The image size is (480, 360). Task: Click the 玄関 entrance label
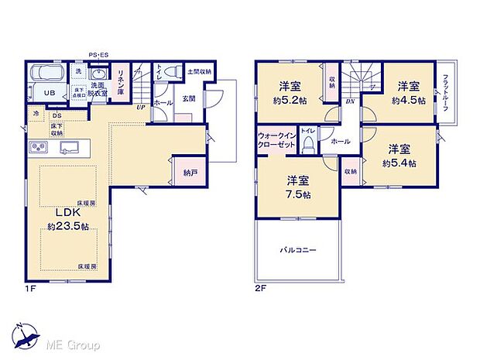[189, 98]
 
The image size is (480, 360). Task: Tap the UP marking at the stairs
[141, 108]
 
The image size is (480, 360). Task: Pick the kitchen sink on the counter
[68, 148]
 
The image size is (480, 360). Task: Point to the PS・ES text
[98, 54]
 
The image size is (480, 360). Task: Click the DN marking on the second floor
[350, 101]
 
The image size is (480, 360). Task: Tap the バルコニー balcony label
[297, 250]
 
